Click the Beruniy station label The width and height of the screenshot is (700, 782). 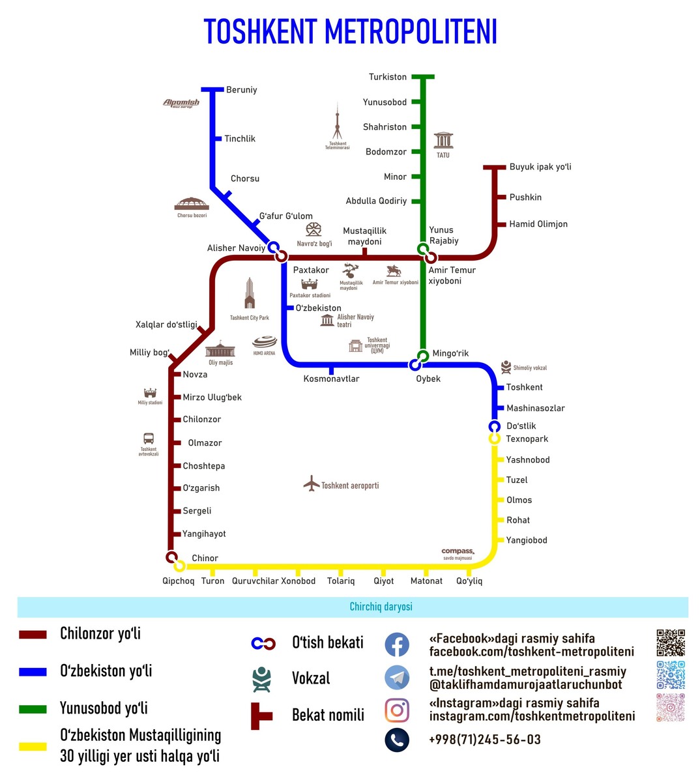tap(241, 90)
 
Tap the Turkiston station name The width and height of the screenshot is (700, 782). tap(388, 77)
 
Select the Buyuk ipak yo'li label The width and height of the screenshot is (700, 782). tap(540, 167)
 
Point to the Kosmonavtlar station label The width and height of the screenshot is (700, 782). tap(331, 379)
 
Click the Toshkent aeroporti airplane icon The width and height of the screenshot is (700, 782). tap(312, 484)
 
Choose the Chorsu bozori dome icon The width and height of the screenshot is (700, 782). tap(192, 203)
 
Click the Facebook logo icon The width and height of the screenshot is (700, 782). tap(397, 644)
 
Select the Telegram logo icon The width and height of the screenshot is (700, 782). tap(397, 678)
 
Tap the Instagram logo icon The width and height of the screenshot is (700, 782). tap(397, 710)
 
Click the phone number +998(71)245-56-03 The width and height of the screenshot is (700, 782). tap(485, 740)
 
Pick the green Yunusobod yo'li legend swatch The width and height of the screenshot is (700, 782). tap(33, 709)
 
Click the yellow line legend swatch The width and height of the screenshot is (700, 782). tap(33, 747)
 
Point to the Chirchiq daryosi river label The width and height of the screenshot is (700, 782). tap(381, 607)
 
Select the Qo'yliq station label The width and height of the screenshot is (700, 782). tap(469, 581)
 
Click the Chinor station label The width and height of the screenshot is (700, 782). tap(205, 558)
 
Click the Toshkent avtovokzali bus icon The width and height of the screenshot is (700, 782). tap(149, 439)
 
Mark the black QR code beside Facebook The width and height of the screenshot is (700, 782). tap(670, 643)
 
